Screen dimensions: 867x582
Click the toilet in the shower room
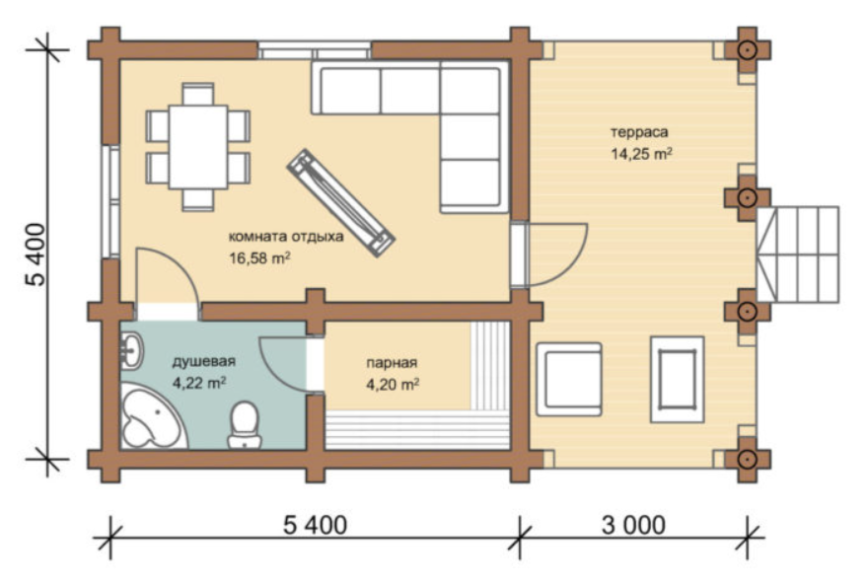(x=244, y=424)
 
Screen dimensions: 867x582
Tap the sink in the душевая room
(x=131, y=350)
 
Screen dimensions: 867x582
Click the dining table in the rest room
(x=198, y=147)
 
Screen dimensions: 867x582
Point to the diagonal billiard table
(x=340, y=202)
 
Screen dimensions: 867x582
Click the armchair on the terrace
(x=569, y=380)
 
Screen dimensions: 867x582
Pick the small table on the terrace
(x=678, y=380)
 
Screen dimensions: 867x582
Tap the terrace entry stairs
(x=797, y=255)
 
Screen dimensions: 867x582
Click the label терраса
(x=639, y=132)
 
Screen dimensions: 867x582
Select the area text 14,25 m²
(x=641, y=154)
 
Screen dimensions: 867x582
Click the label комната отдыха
(x=286, y=237)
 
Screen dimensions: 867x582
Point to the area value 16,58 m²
(x=259, y=258)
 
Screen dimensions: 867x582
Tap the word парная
(x=392, y=363)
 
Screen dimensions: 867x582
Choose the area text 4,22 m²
(x=199, y=383)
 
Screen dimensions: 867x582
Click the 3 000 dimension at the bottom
(x=633, y=525)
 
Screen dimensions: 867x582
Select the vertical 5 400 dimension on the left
(x=36, y=254)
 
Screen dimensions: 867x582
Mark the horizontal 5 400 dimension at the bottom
(x=316, y=525)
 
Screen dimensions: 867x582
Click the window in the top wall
(x=314, y=50)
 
